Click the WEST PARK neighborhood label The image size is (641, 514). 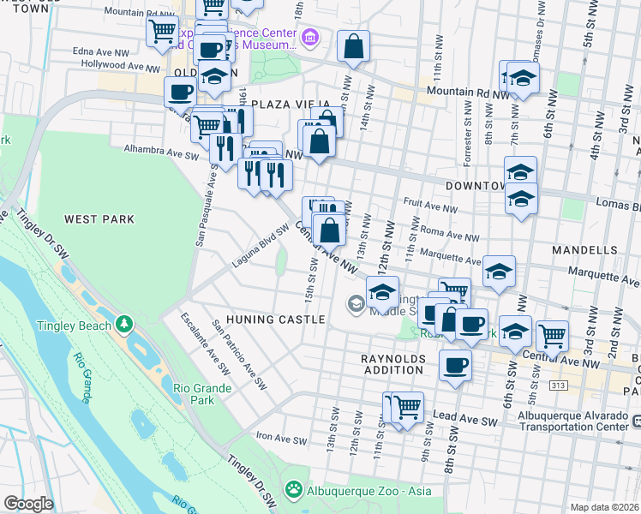point(99,219)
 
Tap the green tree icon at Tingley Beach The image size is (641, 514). point(125,324)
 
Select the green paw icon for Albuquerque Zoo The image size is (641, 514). point(294,489)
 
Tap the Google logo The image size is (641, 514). point(28,504)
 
